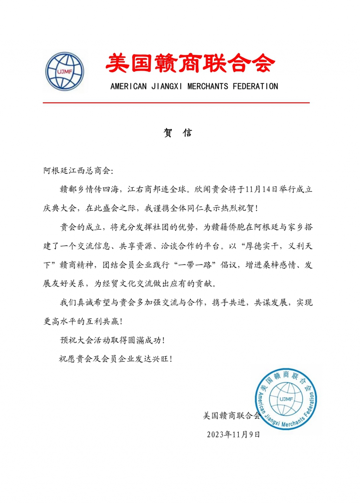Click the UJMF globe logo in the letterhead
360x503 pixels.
coord(65,71)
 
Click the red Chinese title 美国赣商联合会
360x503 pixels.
coord(190,63)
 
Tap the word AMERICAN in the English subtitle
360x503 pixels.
coord(128,86)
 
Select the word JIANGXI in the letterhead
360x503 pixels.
coord(167,86)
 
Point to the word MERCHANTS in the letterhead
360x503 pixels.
coord(207,86)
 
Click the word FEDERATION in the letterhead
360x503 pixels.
coord(255,86)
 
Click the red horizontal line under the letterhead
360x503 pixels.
coord(176,103)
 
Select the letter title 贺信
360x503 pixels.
coord(178,133)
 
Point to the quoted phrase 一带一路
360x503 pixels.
coord(195,265)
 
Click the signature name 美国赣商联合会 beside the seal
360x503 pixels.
coord(231,416)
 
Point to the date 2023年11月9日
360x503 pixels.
coord(233,435)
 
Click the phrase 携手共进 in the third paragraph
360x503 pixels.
coord(229,303)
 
